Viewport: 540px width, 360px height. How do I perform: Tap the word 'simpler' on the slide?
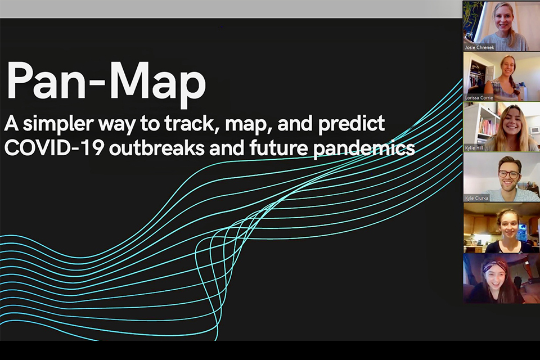click(x=58, y=124)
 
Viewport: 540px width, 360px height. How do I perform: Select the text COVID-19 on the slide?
click(x=54, y=148)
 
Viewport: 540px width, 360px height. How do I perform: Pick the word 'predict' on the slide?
click(x=351, y=124)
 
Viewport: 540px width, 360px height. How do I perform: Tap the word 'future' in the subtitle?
click(x=278, y=148)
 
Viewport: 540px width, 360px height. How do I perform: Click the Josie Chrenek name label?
click(x=479, y=48)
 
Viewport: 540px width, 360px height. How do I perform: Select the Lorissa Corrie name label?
click(x=479, y=98)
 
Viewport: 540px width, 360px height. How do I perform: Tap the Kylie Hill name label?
click(x=474, y=148)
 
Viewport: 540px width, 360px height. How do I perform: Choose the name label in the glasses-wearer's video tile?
click(x=476, y=198)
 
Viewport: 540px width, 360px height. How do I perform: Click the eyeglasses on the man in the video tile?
click(x=508, y=174)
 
